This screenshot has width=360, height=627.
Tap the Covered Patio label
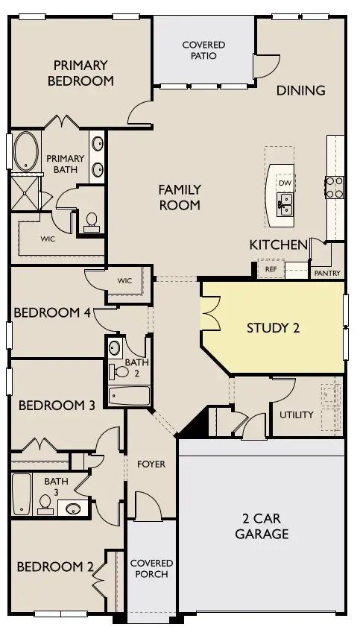click(204, 51)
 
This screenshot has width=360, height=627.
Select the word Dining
click(301, 90)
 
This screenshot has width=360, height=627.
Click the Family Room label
click(180, 197)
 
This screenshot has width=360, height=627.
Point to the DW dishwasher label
click(285, 183)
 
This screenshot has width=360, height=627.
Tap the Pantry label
click(327, 273)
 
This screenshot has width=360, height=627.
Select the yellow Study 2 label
click(273, 327)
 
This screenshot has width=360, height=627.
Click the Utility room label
click(297, 415)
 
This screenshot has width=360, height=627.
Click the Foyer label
click(151, 464)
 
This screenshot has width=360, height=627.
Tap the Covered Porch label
click(151, 568)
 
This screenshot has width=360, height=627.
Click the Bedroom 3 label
click(57, 406)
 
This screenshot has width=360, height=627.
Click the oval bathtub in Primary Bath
click(25, 152)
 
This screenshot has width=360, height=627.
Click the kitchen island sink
click(285, 201)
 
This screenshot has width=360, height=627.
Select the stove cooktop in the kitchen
click(334, 186)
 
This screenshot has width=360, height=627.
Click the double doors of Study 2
click(210, 312)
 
